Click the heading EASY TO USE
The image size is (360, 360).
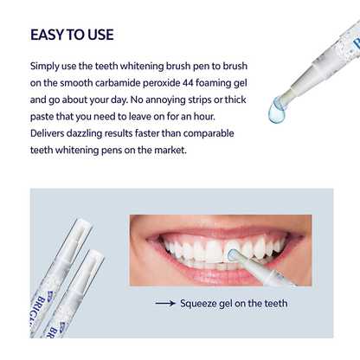pos(72,35)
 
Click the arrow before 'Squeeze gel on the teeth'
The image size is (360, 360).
pos(164,304)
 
